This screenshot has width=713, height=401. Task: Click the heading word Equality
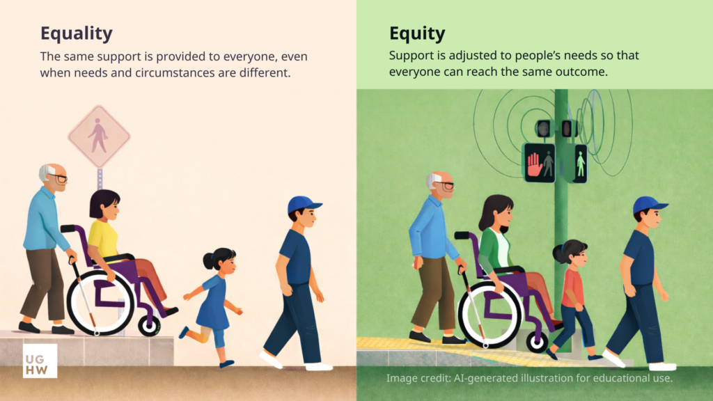click(x=76, y=33)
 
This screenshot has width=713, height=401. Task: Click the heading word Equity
click(x=417, y=33)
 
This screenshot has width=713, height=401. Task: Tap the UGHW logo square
click(x=40, y=361)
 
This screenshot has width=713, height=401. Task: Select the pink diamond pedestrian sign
click(x=98, y=136)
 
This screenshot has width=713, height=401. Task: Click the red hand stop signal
click(x=534, y=164)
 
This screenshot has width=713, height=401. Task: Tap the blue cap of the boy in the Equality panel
click(x=303, y=204)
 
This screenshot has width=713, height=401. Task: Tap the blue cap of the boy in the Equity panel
click(x=648, y=204)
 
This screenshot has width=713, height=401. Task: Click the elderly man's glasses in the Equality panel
click(x=59, y=178)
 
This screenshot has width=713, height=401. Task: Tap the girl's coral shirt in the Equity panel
click(x=573, y=286)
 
